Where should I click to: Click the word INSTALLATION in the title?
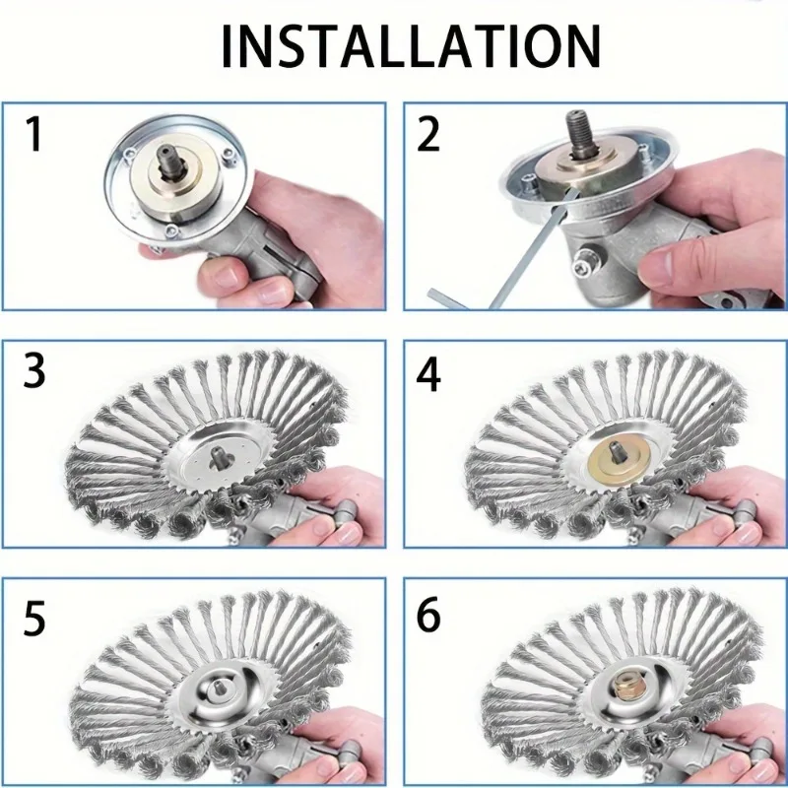click(410, 45)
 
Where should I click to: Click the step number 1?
click(34, 134)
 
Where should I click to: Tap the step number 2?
click(428, 134)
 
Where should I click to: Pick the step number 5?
click(34, 620)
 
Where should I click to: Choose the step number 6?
click(428, 620)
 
